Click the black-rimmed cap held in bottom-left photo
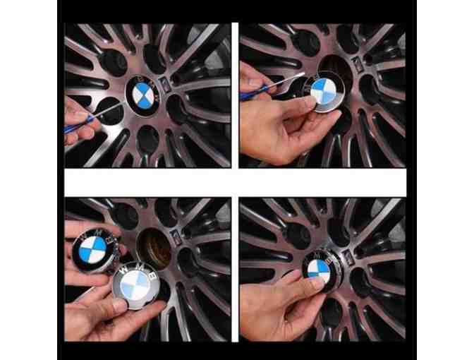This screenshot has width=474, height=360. [x=92, y=247]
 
